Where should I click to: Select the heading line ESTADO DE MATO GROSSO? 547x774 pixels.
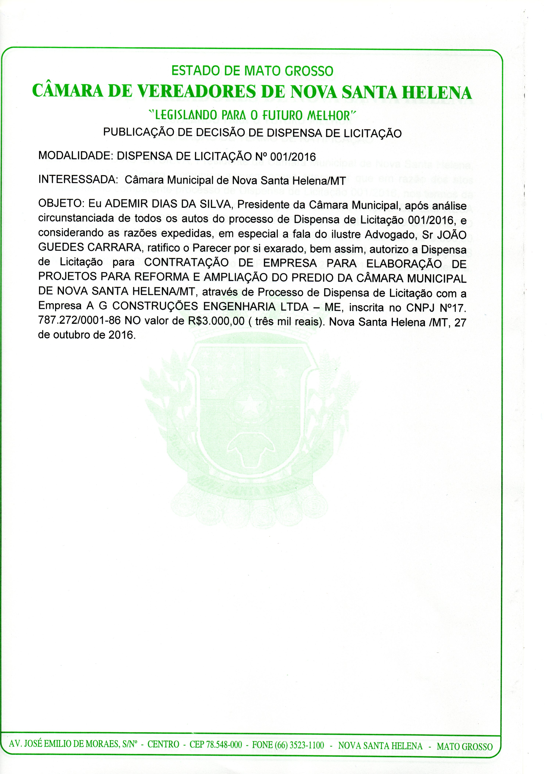click(252, 71)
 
